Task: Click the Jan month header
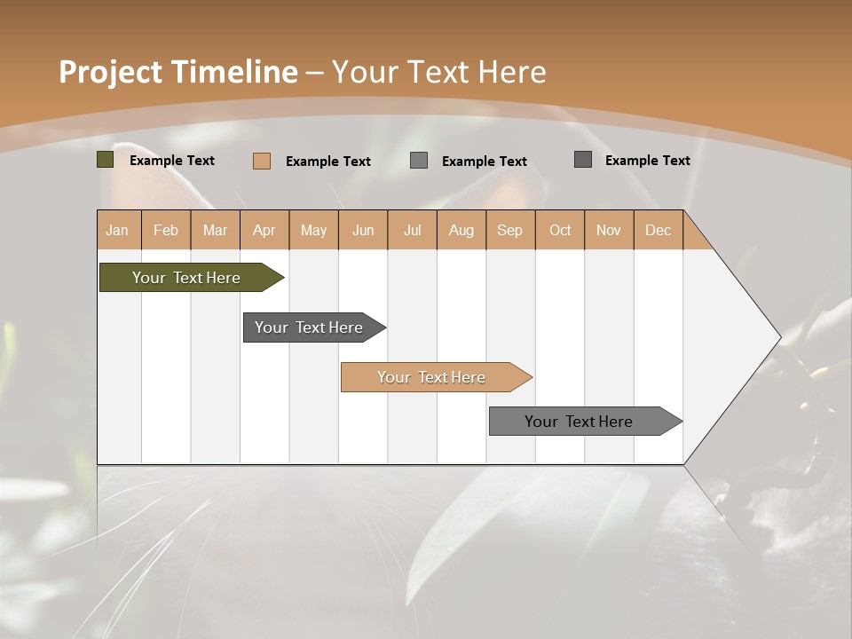click(117, 230)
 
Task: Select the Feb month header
click(166, 230)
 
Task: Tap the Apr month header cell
click(264, 230)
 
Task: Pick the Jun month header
click(363, 230)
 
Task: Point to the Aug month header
click(461, 230)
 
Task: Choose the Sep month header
click(510, 230)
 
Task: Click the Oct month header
click(560, 230)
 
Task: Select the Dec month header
click(659, 230)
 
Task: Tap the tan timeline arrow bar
click(432, 377)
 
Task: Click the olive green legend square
click(106, 160)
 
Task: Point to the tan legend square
click(262, 161)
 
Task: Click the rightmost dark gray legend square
click(583, 160)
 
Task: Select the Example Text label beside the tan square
click(328, 162)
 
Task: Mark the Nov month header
click(609, 230)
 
